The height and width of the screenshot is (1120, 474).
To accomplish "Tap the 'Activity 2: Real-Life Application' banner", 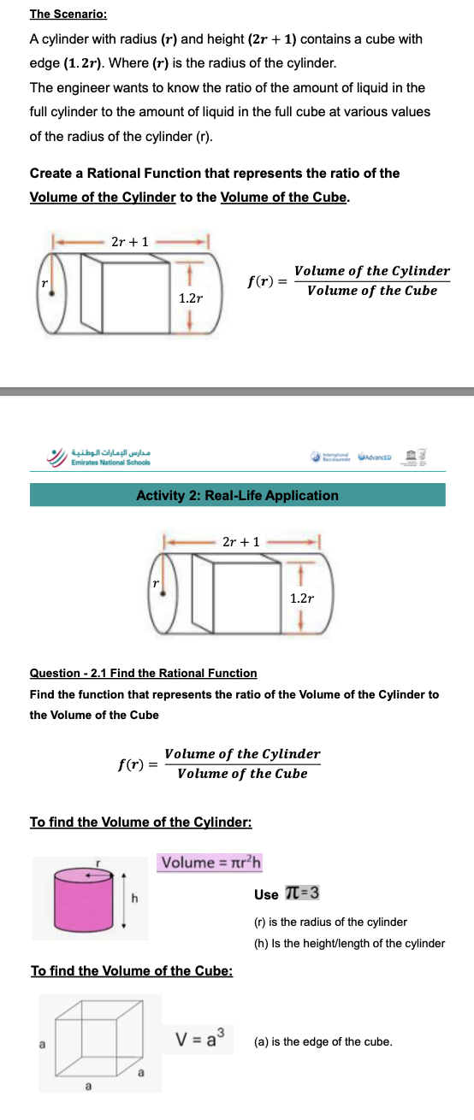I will coord(237,495).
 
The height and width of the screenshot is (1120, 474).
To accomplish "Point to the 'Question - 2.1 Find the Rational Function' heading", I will coord(143,673).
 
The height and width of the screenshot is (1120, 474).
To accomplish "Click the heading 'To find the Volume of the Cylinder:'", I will coord(140,822).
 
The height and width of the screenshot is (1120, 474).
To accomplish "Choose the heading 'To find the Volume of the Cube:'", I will coord(133,970).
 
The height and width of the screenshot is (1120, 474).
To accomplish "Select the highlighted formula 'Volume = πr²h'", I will coord(210,862).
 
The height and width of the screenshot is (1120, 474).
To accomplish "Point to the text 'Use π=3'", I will coord(287,894).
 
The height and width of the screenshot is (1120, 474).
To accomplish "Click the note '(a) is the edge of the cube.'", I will coord(323,1041).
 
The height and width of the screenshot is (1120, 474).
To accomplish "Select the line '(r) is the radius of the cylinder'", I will coord(330,922).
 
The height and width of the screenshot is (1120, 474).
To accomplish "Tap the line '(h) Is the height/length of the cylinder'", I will coord(349,943).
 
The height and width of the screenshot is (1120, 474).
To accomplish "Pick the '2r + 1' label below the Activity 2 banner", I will coord(240,541).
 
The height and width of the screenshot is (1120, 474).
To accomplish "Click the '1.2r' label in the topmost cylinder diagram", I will coord(191,298).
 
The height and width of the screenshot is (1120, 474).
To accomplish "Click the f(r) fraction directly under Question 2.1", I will coord(219,763).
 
